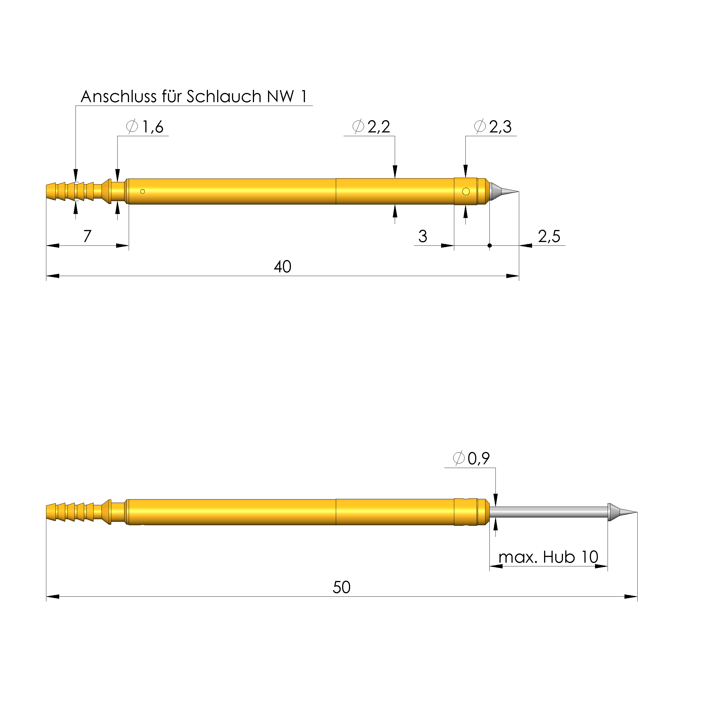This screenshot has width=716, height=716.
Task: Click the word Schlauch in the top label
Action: coord(224,97)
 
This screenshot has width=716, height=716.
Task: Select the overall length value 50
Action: coord(341,587)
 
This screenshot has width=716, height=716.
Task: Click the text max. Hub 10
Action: coord(548,557)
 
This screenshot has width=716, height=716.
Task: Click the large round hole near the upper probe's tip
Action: coord(466,192)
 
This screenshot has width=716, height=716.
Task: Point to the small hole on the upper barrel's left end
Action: coord(143,192)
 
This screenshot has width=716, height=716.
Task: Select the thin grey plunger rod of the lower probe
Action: coord(548,512)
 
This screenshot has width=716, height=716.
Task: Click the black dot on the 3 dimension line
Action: coord(489,246)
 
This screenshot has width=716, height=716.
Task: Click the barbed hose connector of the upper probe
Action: coord(70,192)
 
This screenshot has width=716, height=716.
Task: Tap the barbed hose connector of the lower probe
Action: coord(70,512)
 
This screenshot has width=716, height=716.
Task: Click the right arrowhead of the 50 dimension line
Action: coord(631,597)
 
